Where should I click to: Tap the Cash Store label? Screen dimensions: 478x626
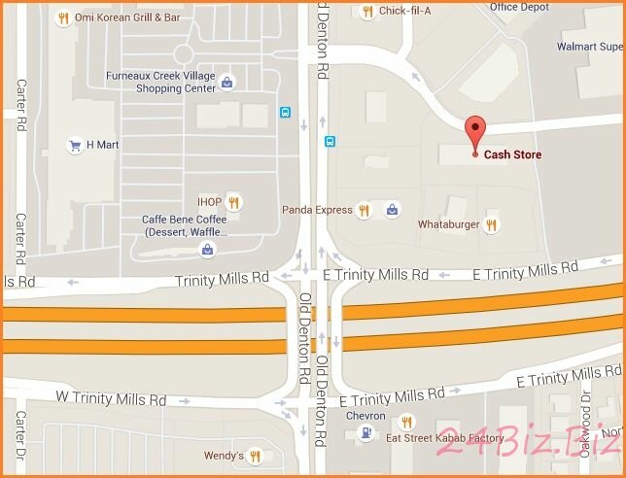point(512,154)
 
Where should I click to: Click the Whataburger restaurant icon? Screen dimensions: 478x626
point(492,224)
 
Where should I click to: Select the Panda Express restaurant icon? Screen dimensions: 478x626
point(364,209)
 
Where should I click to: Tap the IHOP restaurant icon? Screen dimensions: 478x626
point(233,202)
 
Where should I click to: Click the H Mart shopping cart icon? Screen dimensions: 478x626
point(74,146)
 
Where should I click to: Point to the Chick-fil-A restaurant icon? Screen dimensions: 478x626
point(366,12)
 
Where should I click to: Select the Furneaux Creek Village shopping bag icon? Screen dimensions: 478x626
point(226,82)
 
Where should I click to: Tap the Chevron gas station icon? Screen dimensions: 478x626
point(364,434)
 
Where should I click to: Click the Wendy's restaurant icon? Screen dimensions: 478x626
point(255,455)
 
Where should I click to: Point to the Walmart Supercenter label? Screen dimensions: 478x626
point(589,46)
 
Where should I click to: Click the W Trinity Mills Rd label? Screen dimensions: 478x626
point(111,399)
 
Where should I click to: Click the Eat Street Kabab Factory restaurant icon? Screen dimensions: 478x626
point(406,422)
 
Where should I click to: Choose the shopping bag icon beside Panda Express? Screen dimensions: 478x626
point(391,209)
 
